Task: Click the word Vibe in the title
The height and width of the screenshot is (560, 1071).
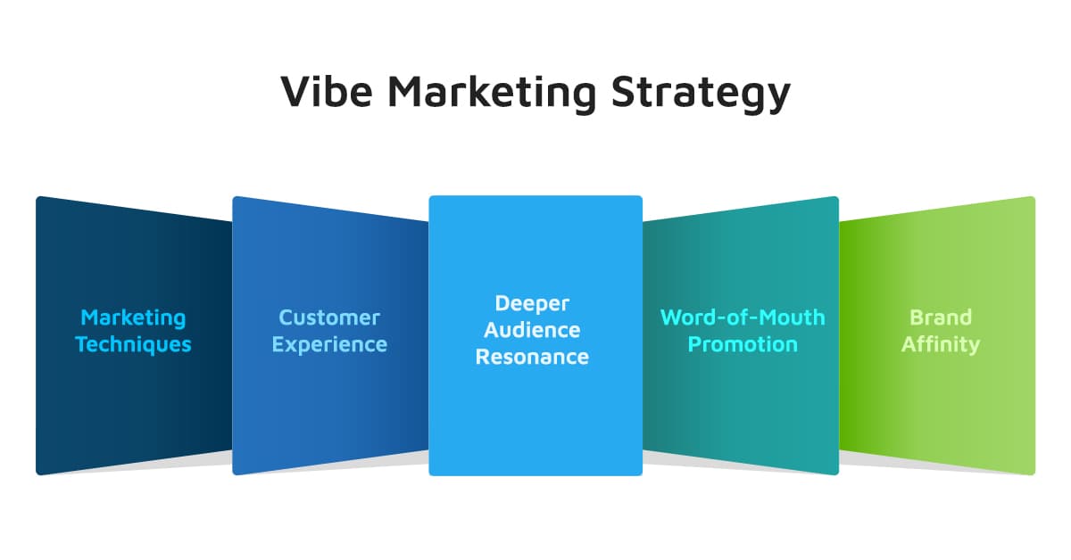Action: coord(327,92)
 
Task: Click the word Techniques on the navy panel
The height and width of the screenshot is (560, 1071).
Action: coord(133,344)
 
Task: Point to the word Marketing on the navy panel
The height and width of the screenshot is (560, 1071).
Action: coord(133,317)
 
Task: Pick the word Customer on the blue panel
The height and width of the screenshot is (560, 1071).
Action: coord(329,317)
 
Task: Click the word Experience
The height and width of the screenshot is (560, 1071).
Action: coord(329,344)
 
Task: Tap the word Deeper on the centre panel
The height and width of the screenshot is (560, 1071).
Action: coord(532,303)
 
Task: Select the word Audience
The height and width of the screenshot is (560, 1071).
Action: coord(532,330)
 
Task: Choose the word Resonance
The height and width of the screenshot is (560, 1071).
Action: coord(532,357)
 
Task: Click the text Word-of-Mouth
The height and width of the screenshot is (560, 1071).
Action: coord(743,317)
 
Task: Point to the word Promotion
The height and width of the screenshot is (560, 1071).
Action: coord(743,344)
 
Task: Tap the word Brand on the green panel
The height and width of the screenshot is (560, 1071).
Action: coord(941,317)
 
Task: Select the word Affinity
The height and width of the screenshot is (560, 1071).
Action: coord(941,344)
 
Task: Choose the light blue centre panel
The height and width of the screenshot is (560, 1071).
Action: coord(535,419)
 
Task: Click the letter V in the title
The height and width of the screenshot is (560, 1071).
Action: coord(295,92)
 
